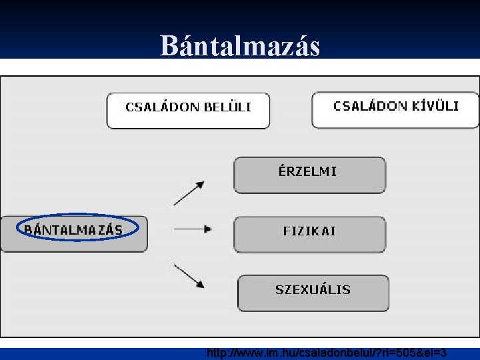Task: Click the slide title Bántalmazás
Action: [x=240, y=46]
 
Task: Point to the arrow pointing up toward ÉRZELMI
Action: [x=189, y=193]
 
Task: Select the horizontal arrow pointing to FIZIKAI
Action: [x=192, y=229]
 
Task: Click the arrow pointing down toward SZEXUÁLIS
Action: [x=189, y=276]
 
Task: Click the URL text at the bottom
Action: [x=327, y=353]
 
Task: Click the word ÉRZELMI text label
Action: [x=308, y=171]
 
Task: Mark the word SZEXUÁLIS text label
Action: [x=313, y=290]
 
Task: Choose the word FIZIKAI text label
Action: [x=309, y=231]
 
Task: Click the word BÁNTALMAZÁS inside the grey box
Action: [x=73, y=230]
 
